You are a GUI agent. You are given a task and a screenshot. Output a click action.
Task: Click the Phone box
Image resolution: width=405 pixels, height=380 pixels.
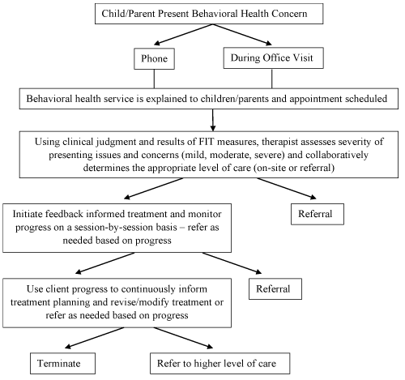tap(154, 58)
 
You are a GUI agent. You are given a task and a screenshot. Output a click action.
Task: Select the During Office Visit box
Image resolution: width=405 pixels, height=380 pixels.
tap(273, 58)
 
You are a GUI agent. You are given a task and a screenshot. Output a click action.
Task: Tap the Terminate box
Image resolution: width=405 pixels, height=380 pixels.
tap(62, 363)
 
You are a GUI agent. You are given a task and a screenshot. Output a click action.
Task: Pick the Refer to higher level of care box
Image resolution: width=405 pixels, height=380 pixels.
tap(220, 363)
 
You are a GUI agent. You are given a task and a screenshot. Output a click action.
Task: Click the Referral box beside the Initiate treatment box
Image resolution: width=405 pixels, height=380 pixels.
tap(318, 214)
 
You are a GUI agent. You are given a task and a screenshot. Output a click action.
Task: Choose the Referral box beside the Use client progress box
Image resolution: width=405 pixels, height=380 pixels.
tap(275, 289)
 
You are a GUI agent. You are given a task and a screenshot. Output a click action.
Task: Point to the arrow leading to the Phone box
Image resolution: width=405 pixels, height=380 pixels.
tap(183, 34)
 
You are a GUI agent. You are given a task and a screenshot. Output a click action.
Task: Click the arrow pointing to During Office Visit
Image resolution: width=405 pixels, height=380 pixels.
tap(242, 34)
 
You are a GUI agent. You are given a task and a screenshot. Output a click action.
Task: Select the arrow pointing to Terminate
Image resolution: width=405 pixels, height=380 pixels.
tap(95, 338)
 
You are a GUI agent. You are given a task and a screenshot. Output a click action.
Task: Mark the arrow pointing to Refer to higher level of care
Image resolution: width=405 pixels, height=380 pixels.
tap(183, 338)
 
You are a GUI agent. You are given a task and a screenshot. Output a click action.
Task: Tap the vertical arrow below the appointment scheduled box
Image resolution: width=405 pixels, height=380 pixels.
tap(213, 120)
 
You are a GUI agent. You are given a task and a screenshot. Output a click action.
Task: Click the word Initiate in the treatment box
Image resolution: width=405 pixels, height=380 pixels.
tap(28, 214)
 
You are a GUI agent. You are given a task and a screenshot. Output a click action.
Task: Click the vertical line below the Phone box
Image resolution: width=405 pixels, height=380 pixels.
tap(154, 79)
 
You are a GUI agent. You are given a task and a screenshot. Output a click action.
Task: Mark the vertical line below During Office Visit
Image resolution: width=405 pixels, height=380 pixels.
tap(271, 79)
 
